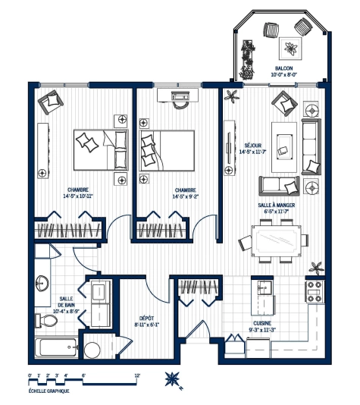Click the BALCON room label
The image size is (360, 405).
[x=284, y=68]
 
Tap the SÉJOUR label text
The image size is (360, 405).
[x=253, y=146]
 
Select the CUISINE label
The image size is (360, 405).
[x=262, y=323]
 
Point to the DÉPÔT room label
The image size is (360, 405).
[x=146, y=319]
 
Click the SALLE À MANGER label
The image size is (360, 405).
[x=277, y=205]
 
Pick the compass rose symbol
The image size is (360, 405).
[x=172, y=379]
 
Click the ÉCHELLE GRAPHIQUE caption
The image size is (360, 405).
[x=49, y=391]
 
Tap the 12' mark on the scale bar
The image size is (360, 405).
[x=137, y=376]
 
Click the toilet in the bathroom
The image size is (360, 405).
[x=45, y=320]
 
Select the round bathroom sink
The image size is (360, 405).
[x=42, y=283]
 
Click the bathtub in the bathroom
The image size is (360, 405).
[x=56, y=347]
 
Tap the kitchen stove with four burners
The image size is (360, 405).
[x=315, y=291]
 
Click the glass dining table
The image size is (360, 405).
[x=277, y=241]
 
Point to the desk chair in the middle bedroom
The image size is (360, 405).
[x=180, y=104]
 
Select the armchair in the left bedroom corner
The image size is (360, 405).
[x=51, y=102]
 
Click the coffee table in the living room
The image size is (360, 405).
[x=284, y=147]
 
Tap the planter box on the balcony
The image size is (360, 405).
[x=247, y=60]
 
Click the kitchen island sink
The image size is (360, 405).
[x=265, y=288]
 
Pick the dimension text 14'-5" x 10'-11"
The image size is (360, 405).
[x=78, y=196]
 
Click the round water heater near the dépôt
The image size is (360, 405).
[x=92, y=350]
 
